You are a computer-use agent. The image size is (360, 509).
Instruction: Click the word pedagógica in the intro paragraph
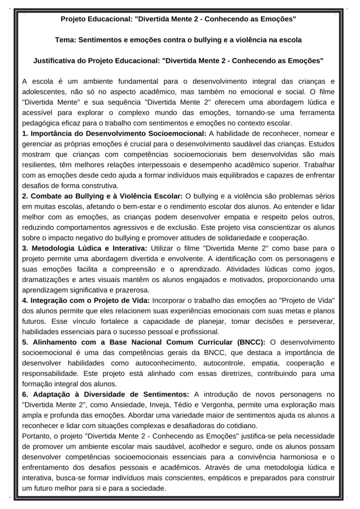[42, 123]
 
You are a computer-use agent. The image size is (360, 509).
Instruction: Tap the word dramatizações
[48, 279]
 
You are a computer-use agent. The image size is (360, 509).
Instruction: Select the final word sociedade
[149, 488]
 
